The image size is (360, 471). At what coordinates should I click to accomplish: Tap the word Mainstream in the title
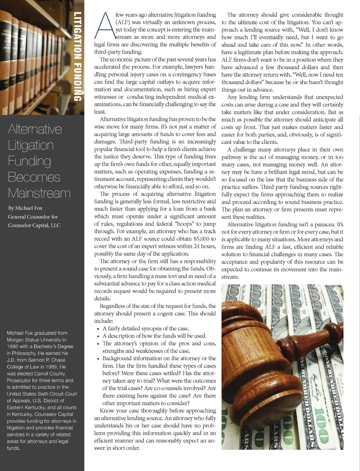tap(39, 193)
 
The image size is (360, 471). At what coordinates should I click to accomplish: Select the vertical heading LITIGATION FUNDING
tap(78, 56)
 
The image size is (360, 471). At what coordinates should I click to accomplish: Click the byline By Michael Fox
tap(25, 208)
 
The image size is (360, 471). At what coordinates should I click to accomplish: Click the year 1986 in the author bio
tap(13, 346)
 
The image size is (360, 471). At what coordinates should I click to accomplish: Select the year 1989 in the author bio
tap(50, 367)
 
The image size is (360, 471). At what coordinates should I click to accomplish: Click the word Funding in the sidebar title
tap(30, 161)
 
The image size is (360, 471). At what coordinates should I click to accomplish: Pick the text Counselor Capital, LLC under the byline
tap(34, 225)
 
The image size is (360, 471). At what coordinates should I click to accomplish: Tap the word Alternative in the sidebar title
tap(35, 129)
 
